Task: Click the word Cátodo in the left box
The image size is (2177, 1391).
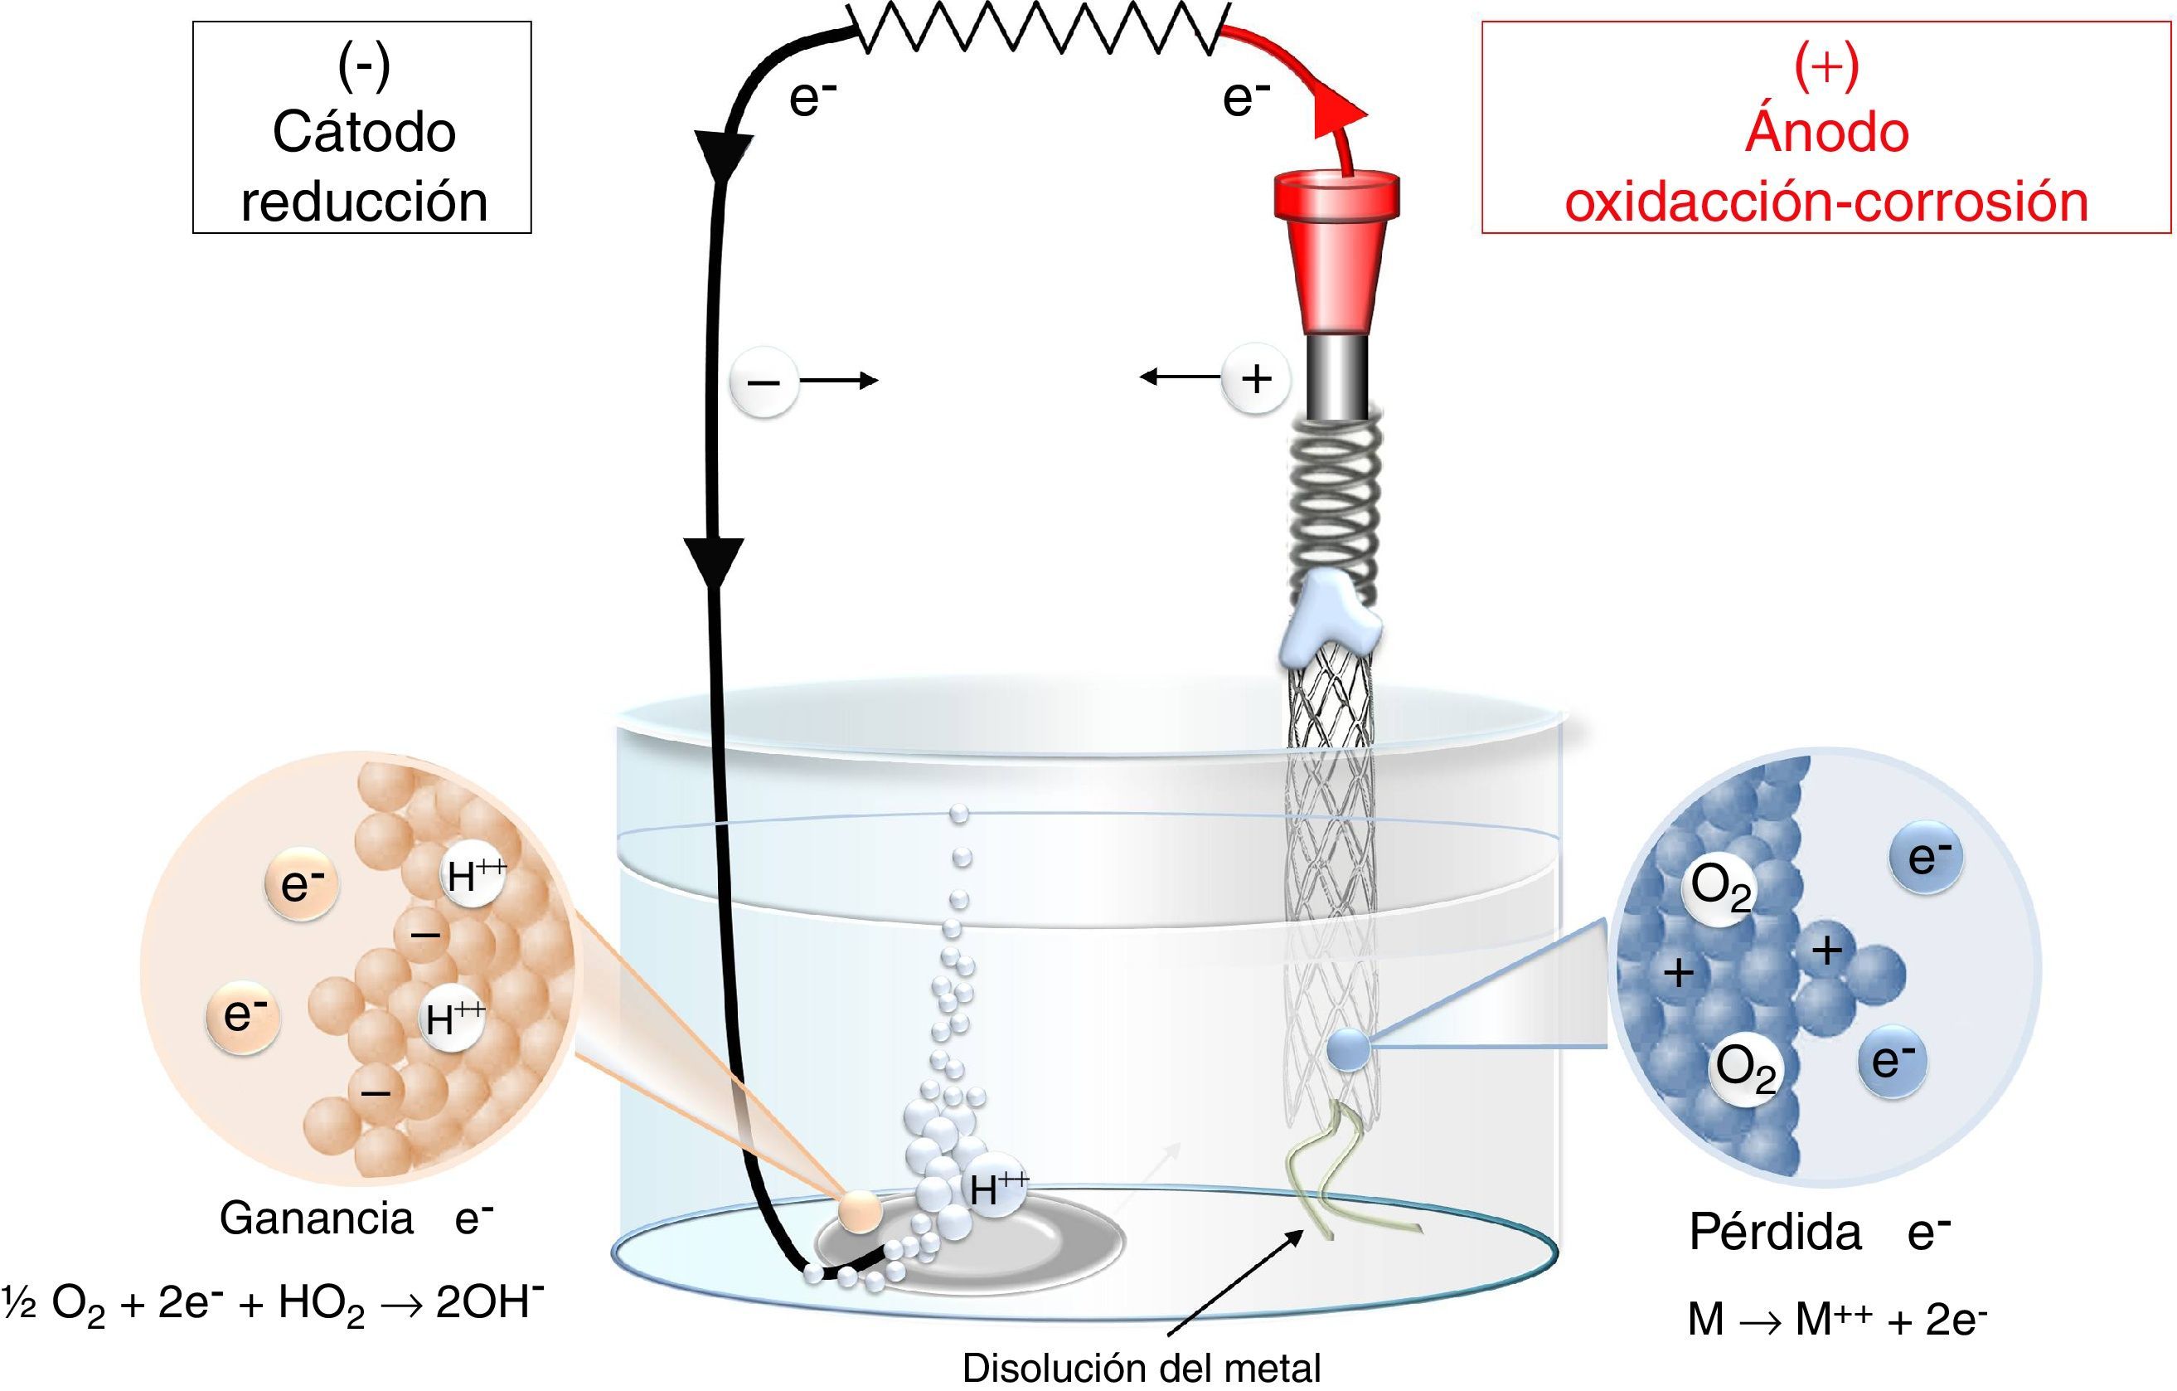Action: click(363, 132)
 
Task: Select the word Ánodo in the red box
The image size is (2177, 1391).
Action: click(1826, 132)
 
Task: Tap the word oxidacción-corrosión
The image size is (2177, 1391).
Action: click(1826, 201)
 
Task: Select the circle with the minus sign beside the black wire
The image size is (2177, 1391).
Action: click(764, 381)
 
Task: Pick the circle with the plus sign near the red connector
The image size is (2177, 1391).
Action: click(1256, 378)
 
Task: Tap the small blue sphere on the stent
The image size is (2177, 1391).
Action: click(1348, 1051)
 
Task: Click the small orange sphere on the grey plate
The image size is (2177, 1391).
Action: click(857, 1210)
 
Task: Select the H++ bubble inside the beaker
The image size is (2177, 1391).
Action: click(995, 1189)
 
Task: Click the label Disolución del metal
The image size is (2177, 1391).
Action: click(1141, 1369)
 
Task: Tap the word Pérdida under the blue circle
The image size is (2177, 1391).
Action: click(1776, 1232)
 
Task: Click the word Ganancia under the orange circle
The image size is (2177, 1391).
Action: click(317, 1218)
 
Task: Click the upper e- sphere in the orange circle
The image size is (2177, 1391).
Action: click(301, 883)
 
